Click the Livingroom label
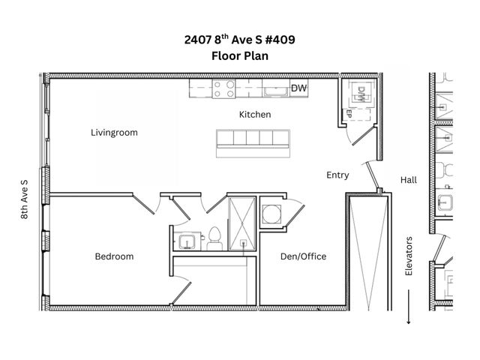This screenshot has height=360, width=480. click(x=114, y=133)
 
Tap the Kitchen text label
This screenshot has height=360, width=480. click(x=254, y=115)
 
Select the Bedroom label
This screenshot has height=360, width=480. click(x=114, y=256)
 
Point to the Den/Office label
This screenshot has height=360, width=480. click(x=302, y=256)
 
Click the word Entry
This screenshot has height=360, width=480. click(x=337, y=175)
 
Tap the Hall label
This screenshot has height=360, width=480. click(x=408, y=180)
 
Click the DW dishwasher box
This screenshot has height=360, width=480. click(x=299, y=89)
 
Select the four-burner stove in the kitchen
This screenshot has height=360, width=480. click(x=223, y=89)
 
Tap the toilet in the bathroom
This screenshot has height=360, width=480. click(x=213, y=238)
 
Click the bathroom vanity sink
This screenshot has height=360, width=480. click(x=186, y=241)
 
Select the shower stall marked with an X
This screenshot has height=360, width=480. click(x=241, y=222)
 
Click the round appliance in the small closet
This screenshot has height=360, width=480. click(x=270, y=213)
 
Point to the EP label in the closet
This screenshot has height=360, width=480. click(x=349, y=112)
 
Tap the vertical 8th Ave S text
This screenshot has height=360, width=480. click(x=25, y=199)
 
